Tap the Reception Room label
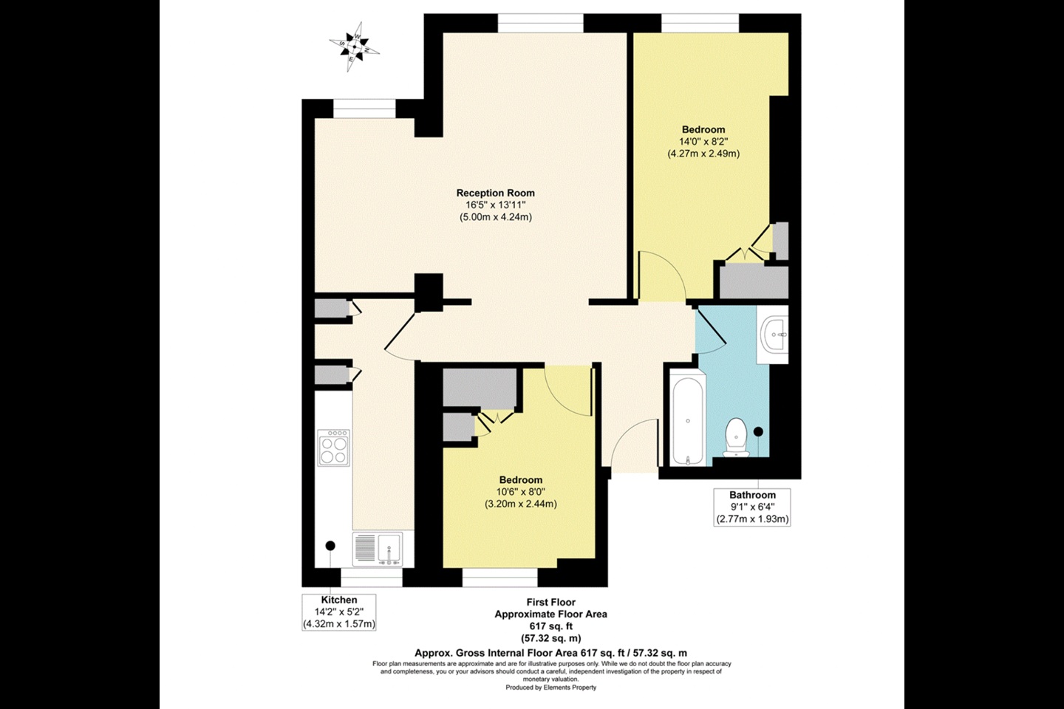495,193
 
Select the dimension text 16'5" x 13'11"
495,205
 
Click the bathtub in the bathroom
687,419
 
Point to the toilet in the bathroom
736,437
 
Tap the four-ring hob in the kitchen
334,448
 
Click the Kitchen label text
339,600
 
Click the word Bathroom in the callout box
752,495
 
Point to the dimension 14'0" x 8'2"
703,142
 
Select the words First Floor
550,602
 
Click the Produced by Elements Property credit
550,688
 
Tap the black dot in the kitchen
330,545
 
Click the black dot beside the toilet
757,431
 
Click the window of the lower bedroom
499,573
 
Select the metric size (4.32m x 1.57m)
339,624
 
